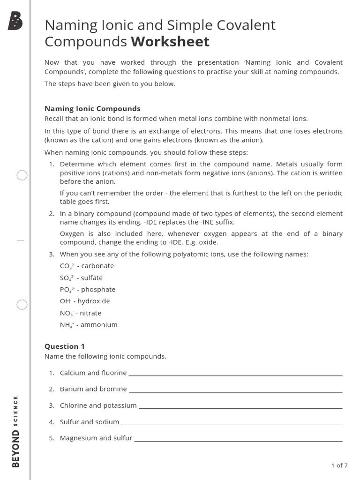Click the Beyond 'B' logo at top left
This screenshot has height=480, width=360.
click(x=15, y=22)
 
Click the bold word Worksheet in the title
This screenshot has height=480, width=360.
click(x=170, y=42)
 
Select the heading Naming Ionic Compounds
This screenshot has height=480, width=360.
click(x=92, y=108)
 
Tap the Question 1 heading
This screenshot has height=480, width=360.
click(x=65, y=346)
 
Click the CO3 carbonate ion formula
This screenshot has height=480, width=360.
click(x=65, y=266)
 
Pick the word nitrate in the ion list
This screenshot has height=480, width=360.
click(x=90, y=313)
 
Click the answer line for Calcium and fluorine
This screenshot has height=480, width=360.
click(x=235, y=375)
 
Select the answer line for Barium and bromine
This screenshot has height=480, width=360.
click(x=235, y=391)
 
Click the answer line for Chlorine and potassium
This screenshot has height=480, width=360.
click(x=240, y=407)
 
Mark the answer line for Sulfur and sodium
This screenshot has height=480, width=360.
click(x=232, y=424)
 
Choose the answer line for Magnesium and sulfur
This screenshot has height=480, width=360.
click(x=238, y=440)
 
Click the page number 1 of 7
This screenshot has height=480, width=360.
click(x=339, y=465)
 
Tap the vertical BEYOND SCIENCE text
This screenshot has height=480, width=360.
click(x=16, y=431)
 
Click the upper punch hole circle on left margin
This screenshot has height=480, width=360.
click(x=22, y=176)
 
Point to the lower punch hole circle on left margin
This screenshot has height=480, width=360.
click(x=22, y=305)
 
